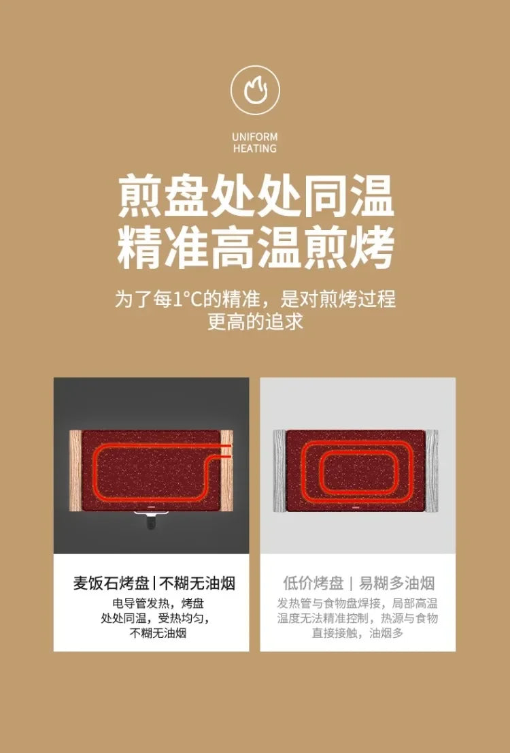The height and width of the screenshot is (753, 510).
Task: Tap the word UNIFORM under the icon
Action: pos(255,137)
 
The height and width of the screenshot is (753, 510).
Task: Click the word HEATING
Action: pos(255,148)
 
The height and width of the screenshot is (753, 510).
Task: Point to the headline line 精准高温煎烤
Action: pos(255,249)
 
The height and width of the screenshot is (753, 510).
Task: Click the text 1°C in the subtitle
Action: pos(183,299)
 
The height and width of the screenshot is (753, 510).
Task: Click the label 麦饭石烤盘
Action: pos(111,583)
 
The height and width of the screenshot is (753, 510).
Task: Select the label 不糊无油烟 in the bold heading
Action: pos(197,583)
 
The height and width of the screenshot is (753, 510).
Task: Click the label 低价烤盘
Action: pos(313,583)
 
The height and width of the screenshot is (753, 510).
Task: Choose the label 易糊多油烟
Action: pos(396,583)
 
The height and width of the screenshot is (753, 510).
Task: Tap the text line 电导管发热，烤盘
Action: pos(158,604)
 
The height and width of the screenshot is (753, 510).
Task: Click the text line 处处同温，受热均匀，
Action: pos(156,618)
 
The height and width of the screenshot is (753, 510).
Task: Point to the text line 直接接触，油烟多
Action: pos(358,633)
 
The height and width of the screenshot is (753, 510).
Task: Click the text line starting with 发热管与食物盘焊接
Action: pos(358,604)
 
